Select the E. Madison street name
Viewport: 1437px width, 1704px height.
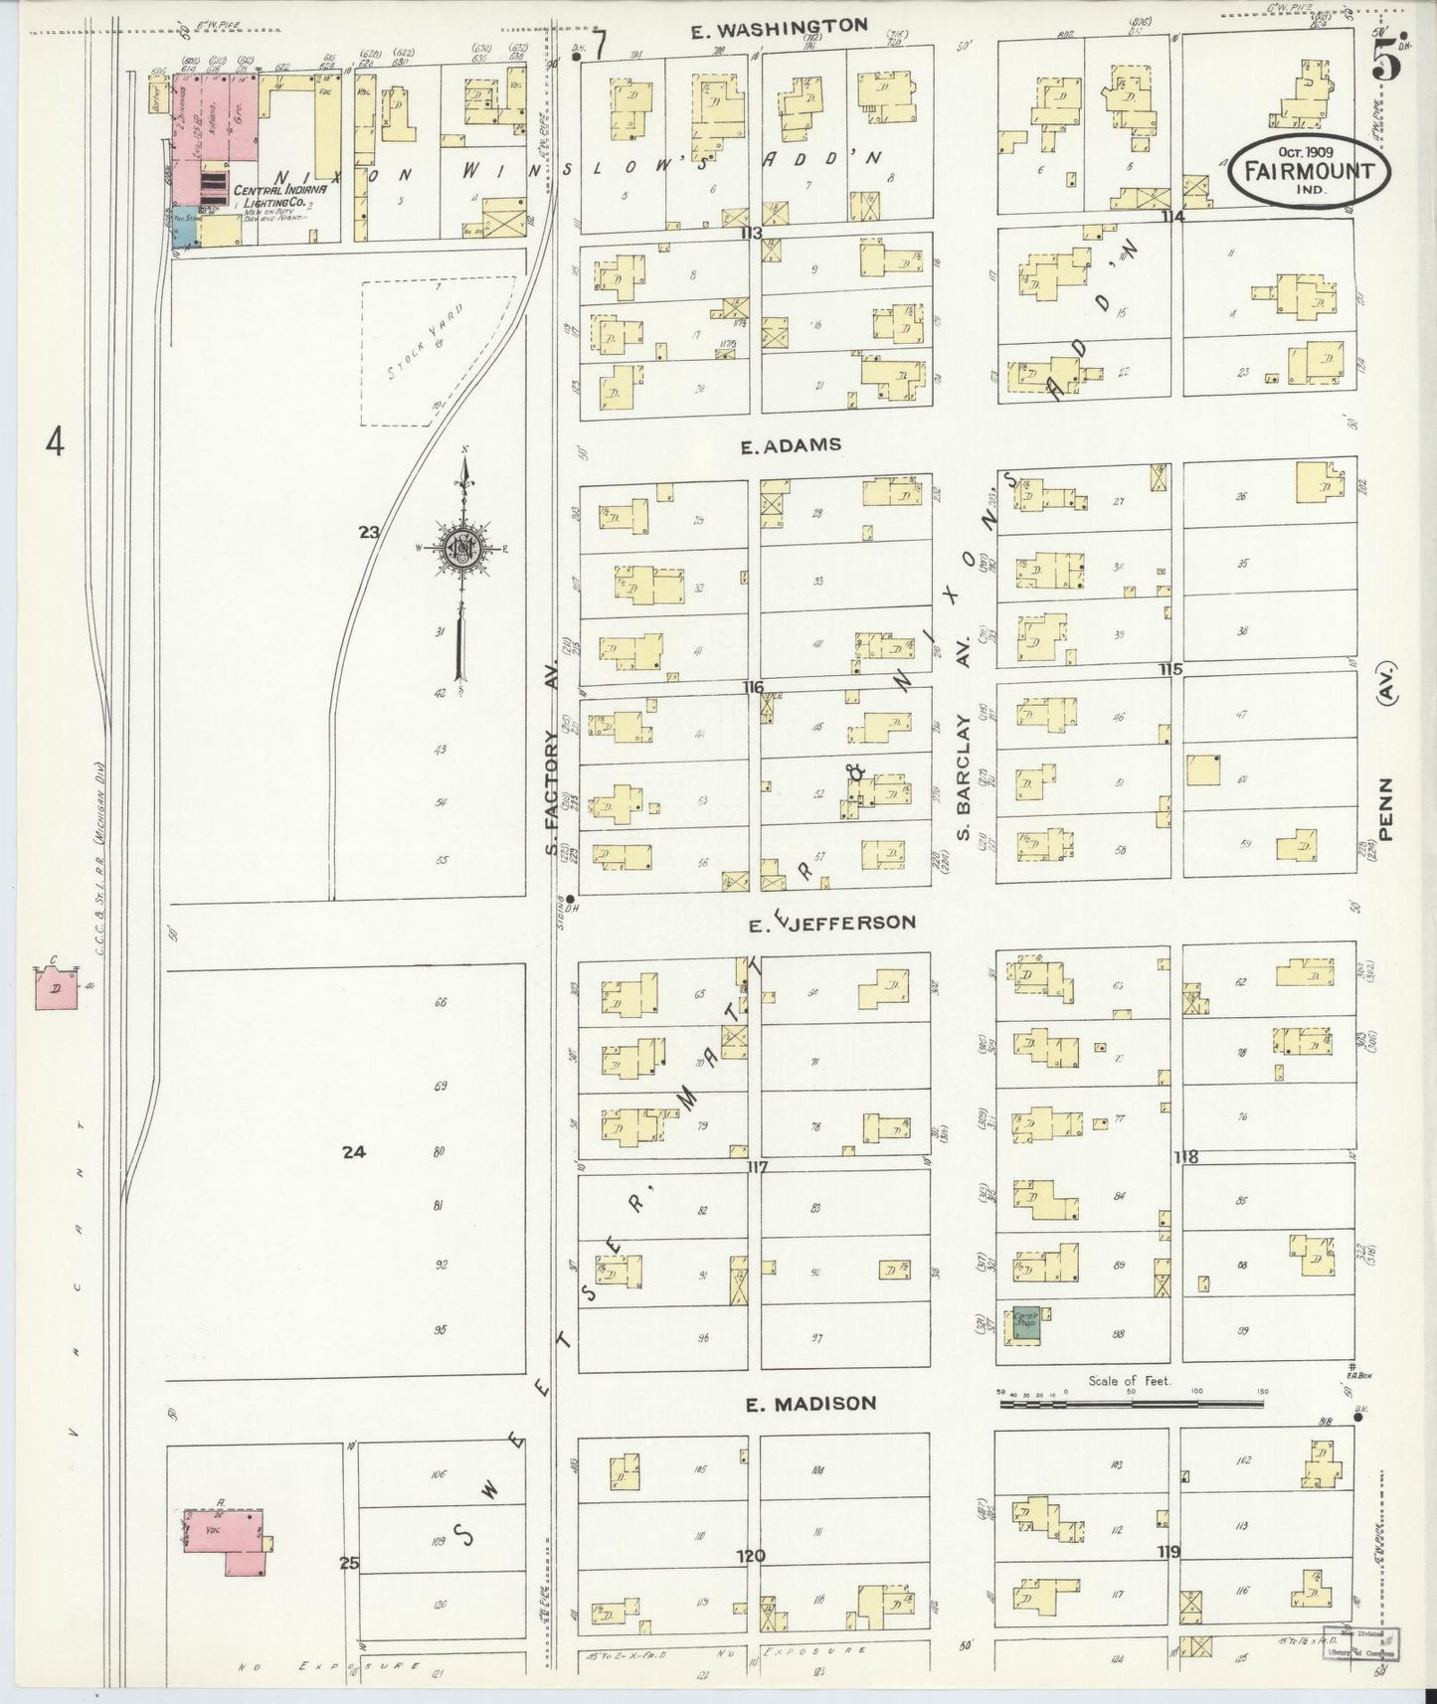tap(811, 1404)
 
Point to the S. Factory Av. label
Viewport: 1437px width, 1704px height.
tap(553, 764)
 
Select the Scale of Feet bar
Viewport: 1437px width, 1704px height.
tap(1131, 1405)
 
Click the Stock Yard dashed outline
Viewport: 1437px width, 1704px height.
tap(430, 353)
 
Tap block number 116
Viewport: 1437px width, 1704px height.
tap(752, 687)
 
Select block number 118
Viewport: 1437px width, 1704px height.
tap(1185, 1156)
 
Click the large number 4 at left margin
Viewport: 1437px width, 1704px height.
tap(54, 441)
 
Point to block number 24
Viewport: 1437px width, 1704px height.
tap(354, 1152)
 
